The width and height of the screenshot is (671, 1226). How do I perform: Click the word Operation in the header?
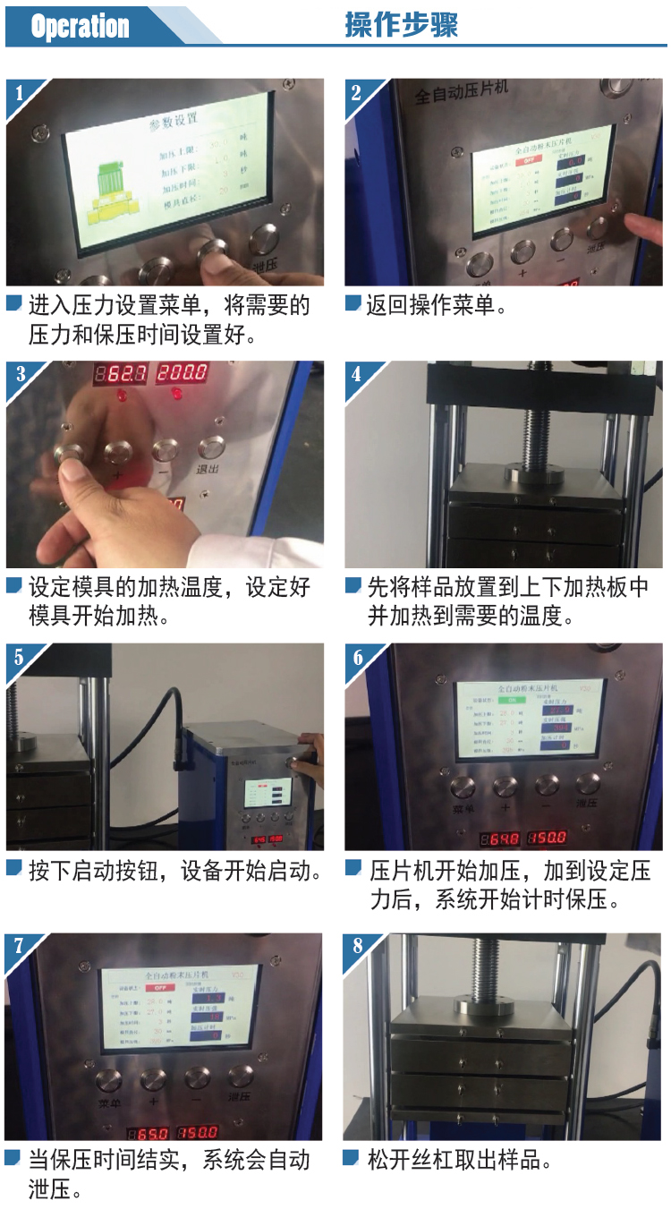pos(80,27)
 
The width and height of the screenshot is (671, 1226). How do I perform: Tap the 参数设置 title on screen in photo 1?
pos(174,119)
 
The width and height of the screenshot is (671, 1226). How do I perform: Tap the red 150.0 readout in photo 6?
pos(546,839)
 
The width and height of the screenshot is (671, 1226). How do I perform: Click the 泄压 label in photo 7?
pos(240,1098)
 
